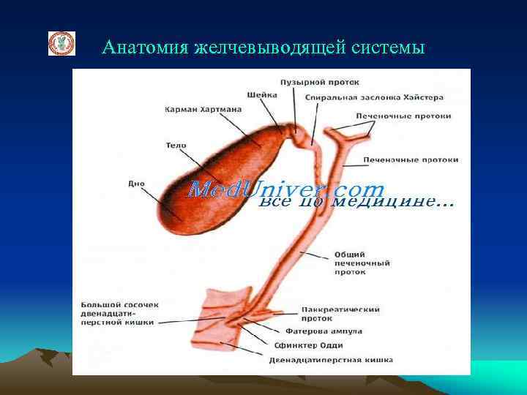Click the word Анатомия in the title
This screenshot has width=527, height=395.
point(144,48)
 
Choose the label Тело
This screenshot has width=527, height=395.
point(176,145)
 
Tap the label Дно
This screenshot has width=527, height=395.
point(136,184)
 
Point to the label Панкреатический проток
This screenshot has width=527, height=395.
point(340,314)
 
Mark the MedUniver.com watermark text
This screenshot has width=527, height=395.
point(285,191)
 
